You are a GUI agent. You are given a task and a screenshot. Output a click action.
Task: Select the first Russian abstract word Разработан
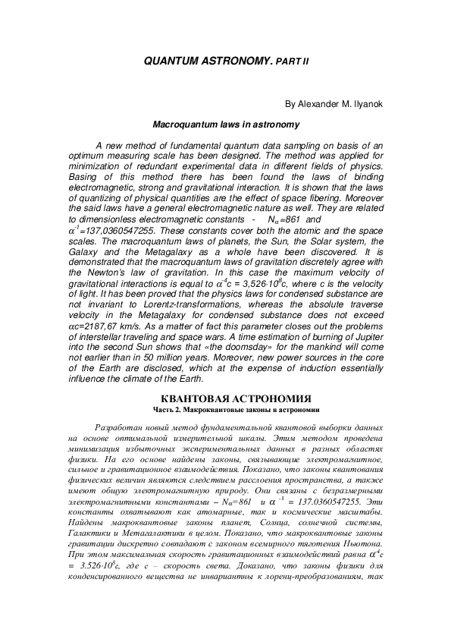(x=118, y=427)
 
